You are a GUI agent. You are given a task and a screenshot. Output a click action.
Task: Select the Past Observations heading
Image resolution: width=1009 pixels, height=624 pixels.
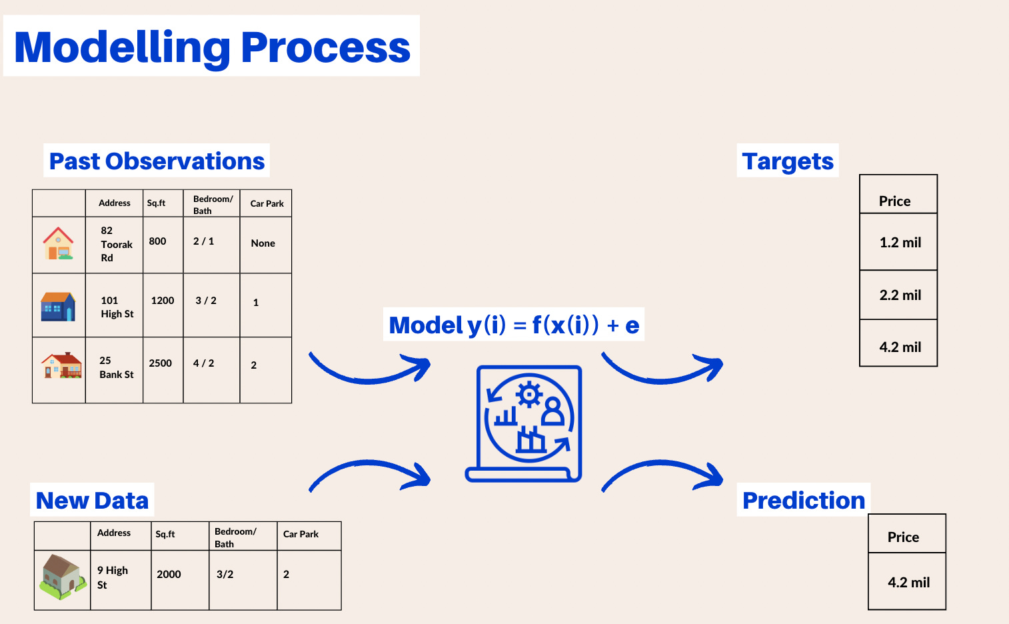157,161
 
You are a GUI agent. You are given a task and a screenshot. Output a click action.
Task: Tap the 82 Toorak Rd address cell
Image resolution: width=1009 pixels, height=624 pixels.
115,244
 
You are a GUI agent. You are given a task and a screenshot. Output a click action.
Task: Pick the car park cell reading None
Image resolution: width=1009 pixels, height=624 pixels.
263,243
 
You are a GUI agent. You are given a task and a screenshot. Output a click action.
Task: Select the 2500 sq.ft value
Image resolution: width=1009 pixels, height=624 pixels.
161,363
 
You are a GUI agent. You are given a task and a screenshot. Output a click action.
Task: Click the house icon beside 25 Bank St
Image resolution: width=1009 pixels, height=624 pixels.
61,366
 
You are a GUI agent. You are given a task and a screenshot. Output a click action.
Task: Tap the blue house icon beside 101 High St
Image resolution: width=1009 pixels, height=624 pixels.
58,307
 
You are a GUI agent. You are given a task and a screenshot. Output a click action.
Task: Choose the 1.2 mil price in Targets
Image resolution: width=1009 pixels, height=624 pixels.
900,243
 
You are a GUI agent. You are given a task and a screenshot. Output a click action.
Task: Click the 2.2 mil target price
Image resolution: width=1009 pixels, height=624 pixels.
900,295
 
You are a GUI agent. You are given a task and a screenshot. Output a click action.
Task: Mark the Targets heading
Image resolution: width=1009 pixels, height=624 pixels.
788,161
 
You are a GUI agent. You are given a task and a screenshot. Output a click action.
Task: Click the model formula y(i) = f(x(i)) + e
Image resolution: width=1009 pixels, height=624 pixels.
514,325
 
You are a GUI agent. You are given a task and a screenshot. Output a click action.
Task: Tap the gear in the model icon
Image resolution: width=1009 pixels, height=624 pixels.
529,395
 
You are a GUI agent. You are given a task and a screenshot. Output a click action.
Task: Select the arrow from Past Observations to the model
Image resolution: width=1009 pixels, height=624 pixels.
371,369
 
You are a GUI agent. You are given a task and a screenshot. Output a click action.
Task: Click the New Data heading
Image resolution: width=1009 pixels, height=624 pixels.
92,501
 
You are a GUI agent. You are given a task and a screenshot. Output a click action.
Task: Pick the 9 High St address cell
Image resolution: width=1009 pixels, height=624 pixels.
113,577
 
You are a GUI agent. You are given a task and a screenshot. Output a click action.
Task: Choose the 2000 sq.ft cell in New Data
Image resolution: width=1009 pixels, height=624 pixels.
169,575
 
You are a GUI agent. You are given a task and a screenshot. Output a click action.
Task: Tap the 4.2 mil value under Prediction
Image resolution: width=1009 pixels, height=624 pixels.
908,583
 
